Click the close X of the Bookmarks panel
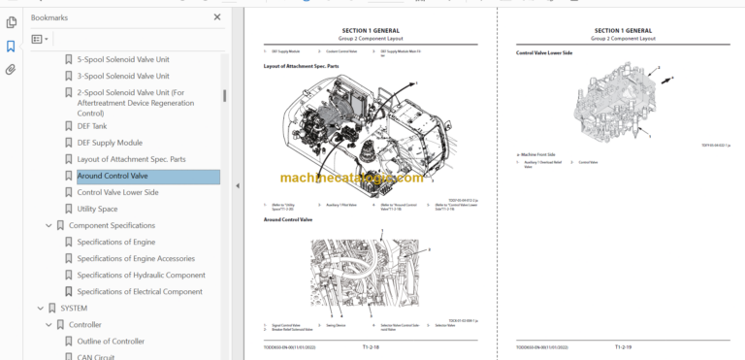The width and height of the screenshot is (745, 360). [x=216, y=17]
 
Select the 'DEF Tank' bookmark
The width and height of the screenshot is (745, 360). [x=92, y=126]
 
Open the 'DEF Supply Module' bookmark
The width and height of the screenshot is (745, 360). [x=110, y=143]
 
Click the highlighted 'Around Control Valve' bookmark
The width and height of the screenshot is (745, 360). [x=113, y=176]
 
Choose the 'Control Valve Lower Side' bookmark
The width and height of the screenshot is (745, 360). [x=117, y=192]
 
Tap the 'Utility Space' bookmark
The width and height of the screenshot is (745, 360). [x=97, y=209]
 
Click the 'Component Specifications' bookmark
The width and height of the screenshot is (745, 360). [x=112, y=225]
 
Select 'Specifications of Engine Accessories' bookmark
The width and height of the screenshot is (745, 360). [x=136, y=258]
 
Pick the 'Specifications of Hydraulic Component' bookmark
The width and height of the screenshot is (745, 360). [x=141, y=275]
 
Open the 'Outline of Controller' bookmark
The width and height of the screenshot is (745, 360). [x=111, y=341]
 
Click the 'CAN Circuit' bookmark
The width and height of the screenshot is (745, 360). [x=98, y=356]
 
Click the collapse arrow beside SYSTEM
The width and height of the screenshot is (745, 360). [x=37, y=308]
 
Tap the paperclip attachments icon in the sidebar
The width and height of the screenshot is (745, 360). [x=11, y=70]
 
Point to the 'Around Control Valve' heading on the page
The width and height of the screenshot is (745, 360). [x=288, y=219]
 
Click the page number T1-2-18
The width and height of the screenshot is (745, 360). [x=371, y=345]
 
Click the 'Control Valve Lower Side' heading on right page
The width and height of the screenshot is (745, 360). [x=544, y=52]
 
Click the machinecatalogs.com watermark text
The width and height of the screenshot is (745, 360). [x=351, y=179]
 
